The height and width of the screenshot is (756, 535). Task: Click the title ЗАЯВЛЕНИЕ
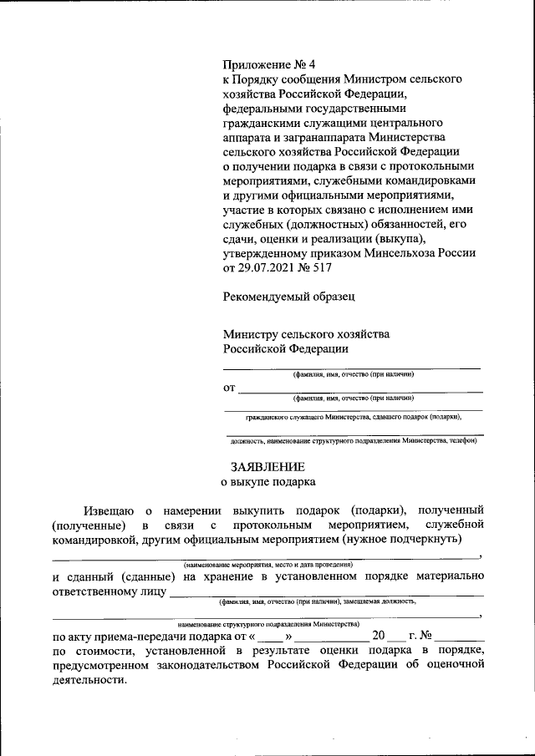(267, 466)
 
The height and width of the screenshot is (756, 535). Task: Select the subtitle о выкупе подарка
(267, 482)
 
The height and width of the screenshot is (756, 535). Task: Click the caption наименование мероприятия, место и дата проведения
(267, 566)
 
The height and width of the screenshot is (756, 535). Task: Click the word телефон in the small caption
(461, 439)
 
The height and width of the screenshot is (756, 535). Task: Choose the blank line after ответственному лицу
(326, 595)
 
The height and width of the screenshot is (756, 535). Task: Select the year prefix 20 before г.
(380, 635)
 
